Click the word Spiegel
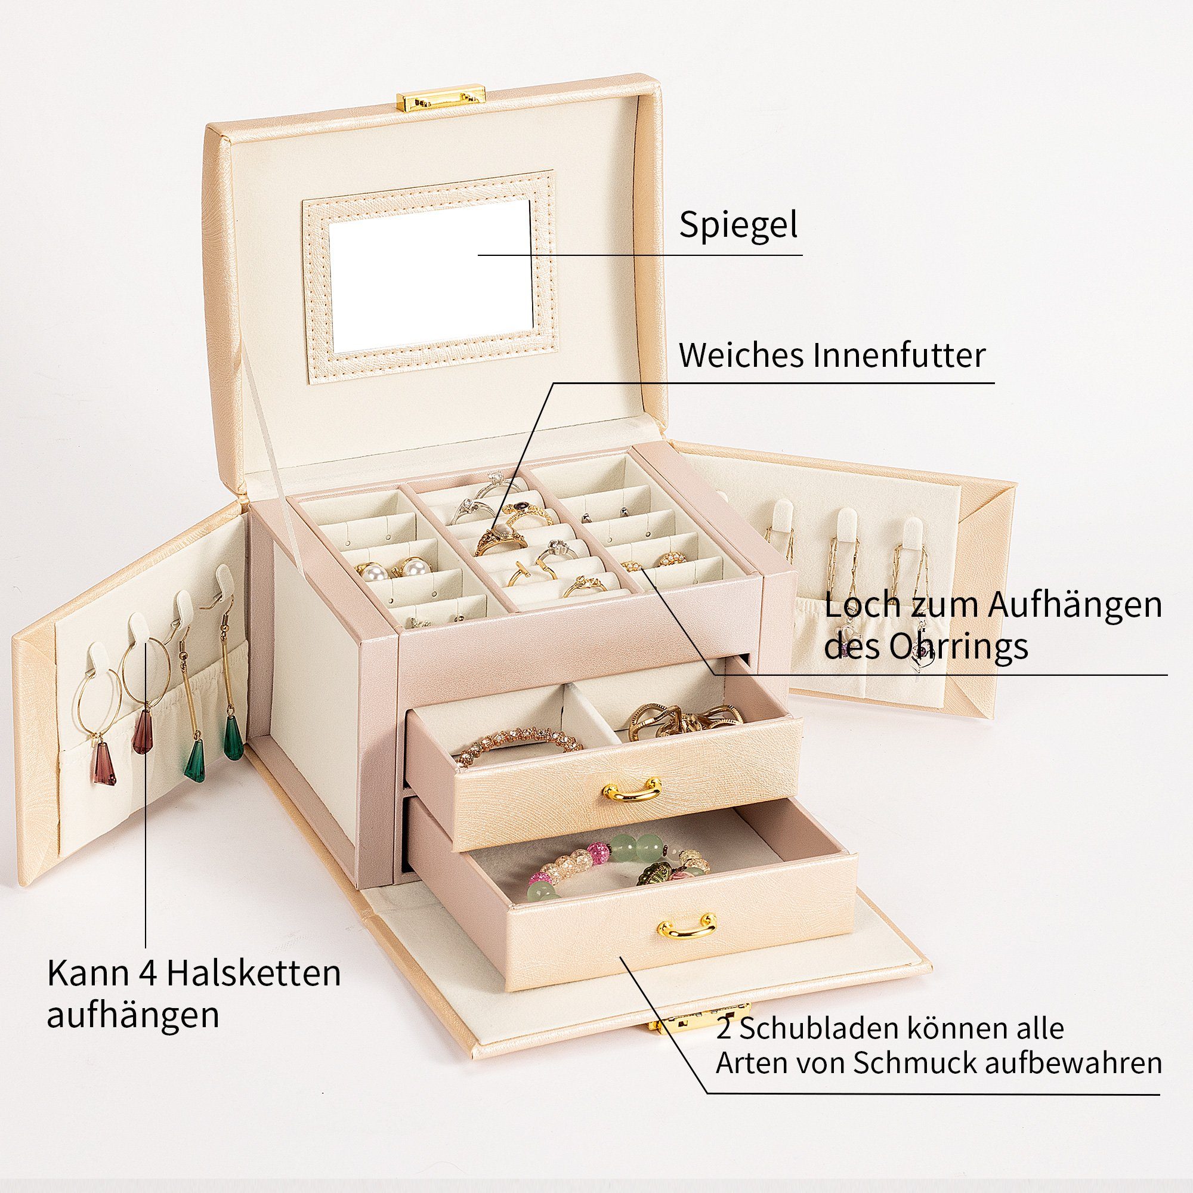click(738, 225)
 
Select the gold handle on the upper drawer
click(632, 790)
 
